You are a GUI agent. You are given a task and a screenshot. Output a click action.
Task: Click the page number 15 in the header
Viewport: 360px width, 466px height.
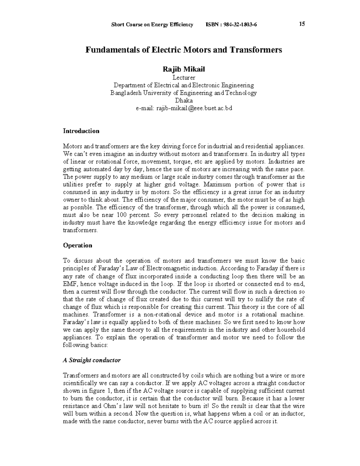point(302,24)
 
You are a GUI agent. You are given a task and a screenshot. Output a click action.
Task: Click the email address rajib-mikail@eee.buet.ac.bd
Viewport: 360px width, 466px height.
point(184,108)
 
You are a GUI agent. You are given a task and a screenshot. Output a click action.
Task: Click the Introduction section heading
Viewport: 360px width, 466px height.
point(81,131)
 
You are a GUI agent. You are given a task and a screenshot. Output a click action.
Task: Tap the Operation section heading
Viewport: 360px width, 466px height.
point(77,245)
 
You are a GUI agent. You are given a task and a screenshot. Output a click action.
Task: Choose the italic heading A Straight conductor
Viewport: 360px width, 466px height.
point(91,360)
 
